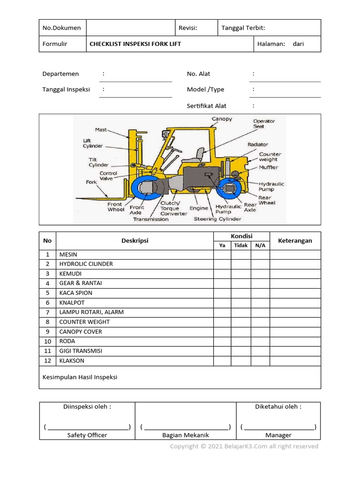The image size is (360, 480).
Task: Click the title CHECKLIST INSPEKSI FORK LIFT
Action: [x=135, y=44]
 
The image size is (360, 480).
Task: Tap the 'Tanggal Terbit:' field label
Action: [x=243, y=28]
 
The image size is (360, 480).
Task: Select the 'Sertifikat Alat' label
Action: [x=206, y=106]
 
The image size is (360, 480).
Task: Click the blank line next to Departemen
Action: [x=135, y=78]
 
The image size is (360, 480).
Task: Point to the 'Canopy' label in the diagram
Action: [x=222, y=119]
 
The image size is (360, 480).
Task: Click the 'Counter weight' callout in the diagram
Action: [x=270, y=157]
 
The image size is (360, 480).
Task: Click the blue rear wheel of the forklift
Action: [x=232, y=189]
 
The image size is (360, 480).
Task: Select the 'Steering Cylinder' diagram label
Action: [x=217, y=219]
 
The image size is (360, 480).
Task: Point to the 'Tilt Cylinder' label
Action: [x=98, y=162]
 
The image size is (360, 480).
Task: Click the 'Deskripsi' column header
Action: [x=135, y=240]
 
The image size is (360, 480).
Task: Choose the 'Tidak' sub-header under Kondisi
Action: [x=241, y=245]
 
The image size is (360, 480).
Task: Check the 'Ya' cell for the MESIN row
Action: [x=222, y=255]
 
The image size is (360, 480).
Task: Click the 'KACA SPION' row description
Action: [x=75, y=293]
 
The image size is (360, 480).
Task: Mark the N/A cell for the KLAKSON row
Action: [x=260, y=361]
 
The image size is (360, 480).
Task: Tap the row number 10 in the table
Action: [x=47, y=341]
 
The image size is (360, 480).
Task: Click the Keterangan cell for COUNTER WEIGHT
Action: [x=295, y=322]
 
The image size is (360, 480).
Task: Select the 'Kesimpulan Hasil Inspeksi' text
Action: [x=80, y=377]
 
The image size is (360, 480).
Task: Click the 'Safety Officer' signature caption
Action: [x=87, y=435]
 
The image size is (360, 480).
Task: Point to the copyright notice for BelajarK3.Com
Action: [x=244, y=446]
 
